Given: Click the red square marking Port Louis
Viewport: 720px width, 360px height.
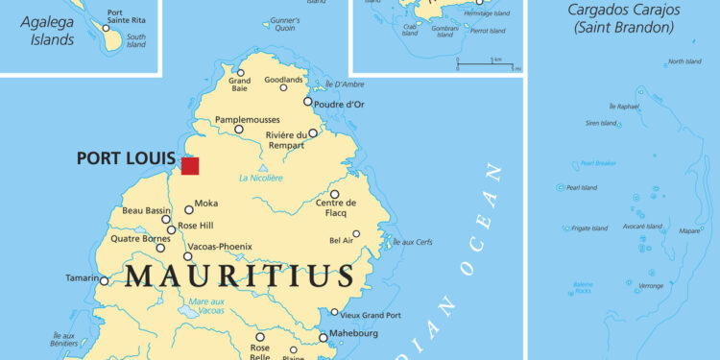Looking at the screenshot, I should point(190,165).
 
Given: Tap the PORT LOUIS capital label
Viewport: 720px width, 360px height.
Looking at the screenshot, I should point(126,158).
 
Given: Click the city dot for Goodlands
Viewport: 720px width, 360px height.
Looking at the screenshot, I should point(283,87).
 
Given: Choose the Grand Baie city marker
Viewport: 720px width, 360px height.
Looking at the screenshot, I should point(241,73).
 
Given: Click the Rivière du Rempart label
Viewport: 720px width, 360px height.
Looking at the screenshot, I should point(285,140).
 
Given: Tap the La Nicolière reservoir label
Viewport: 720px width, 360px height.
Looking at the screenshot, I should point(260,179).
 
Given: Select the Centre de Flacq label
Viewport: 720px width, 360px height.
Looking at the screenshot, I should point(336,207).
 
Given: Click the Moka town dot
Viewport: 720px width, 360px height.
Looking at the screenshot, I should point(188,209).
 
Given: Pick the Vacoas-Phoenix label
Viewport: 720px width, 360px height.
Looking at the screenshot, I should point(220,246).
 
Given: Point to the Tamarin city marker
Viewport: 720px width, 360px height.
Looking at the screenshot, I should point(104,280).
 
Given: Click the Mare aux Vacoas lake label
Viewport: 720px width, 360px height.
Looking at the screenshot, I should point(206,306).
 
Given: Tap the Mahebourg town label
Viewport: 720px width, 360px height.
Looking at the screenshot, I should point(353,333).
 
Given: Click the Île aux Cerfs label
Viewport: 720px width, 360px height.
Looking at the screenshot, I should point(413,242).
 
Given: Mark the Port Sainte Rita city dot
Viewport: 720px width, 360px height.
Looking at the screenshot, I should point(106,28).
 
